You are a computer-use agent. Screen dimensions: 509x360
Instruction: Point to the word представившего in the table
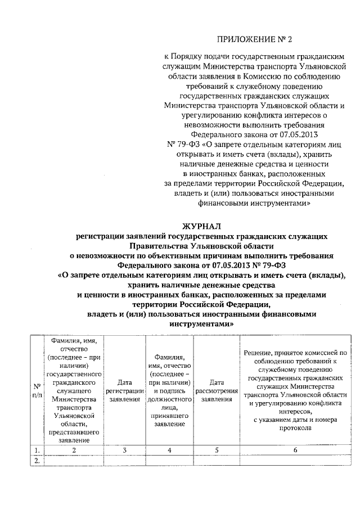point(74,433)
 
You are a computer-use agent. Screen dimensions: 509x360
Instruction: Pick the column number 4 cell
point(169,450)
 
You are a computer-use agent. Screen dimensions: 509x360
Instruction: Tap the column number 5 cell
point(216,450)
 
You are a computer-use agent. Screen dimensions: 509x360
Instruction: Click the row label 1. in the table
point(36,450)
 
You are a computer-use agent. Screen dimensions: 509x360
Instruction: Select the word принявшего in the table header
point(169,416)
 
